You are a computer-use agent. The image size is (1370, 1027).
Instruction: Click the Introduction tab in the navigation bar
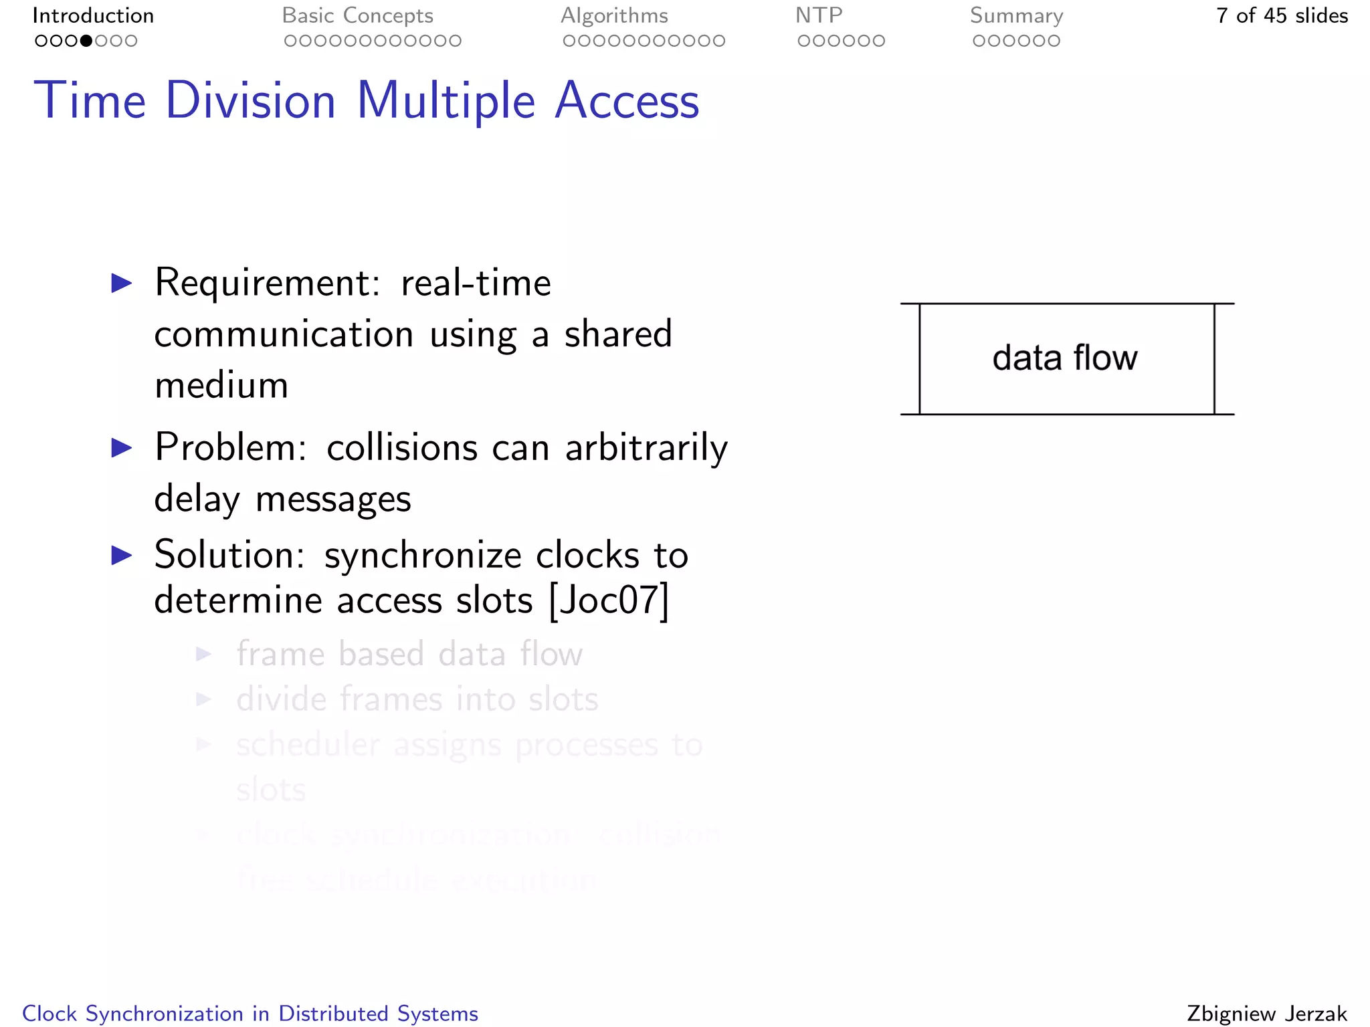point(93,15)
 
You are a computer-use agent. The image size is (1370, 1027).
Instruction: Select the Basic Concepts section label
point(357,15)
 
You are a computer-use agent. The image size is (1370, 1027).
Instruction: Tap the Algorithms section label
point(614,15)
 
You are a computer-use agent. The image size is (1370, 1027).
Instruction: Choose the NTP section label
point(819,15)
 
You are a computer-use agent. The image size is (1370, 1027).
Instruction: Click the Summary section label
point(1016,15)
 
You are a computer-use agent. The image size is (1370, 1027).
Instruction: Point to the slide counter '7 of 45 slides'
point(1282,15)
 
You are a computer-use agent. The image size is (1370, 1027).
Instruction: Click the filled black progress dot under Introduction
point(86,41)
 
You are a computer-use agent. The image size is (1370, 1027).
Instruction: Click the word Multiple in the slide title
point(446,101)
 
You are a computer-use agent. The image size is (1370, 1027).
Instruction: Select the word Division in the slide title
point(251,101)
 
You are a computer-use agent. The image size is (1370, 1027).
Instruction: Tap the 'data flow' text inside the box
point(1065,358)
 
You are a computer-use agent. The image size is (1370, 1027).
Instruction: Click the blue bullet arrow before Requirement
point(122,283)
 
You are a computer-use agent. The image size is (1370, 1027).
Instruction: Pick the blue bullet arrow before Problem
point(122,447)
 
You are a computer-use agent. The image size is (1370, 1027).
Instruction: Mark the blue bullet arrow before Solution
point(122,555)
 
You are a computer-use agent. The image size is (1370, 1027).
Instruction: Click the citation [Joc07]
point(608,600)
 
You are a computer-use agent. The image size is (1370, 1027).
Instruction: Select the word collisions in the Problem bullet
point(401,447)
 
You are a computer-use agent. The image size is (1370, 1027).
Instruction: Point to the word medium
point(221,386)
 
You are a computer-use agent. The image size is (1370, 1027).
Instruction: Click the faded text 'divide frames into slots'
point(417,699)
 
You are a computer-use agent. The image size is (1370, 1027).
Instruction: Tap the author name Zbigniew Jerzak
point(1267,1014)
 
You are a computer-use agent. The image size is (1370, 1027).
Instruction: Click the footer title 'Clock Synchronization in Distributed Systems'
point(250,1014)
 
